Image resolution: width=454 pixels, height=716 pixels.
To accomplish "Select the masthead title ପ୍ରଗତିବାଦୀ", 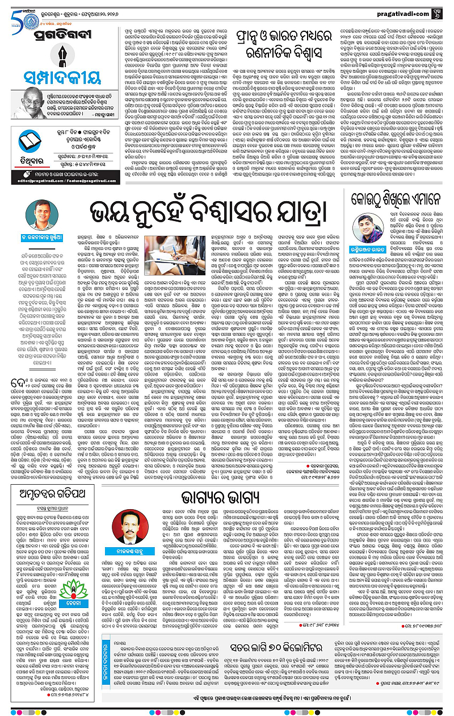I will coord(57,37).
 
